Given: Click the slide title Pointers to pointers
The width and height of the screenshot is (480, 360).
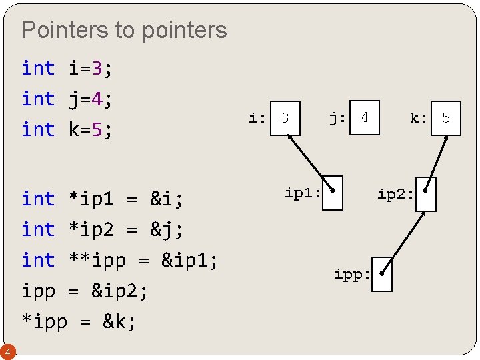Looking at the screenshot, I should (124, 30).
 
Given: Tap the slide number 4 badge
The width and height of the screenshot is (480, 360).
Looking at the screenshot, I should (7, 351).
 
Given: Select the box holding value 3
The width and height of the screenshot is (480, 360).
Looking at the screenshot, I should (286, 118).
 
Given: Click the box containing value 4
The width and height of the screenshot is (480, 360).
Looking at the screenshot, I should (365, 118).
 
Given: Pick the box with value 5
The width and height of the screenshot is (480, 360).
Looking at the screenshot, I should (445, 119).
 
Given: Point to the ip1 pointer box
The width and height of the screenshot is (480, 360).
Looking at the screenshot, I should (333, 193).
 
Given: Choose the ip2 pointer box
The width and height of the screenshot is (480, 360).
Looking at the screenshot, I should (426, 194).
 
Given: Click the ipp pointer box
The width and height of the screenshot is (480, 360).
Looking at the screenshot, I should (382, 274).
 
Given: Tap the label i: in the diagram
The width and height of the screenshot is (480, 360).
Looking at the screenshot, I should (257, 119).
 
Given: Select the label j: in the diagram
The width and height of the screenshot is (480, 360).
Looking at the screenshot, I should (337, 118).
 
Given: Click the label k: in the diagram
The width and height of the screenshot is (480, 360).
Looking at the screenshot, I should (419, 119).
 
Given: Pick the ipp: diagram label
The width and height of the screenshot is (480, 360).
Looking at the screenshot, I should (352, 275).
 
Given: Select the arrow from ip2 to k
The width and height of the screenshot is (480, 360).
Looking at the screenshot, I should (437, 160).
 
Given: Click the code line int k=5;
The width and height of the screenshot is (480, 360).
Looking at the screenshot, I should (67, 129).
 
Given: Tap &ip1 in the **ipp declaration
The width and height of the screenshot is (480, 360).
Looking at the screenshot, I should (189, 260).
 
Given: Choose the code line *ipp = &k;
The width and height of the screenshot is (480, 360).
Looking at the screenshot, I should (79, 321).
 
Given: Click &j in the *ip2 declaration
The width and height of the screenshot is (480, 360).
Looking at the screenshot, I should (167, 229).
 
